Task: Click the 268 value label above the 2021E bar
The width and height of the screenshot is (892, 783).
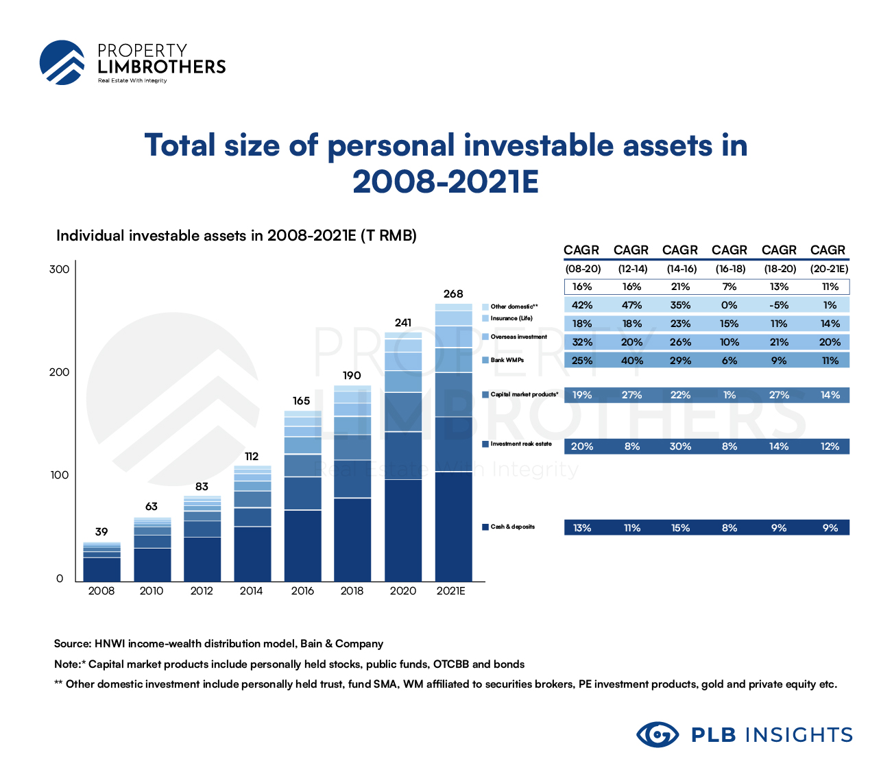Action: (x=453, y=294)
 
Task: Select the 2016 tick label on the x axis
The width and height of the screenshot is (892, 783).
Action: (x=302, y=591)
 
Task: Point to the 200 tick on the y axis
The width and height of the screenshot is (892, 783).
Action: (x=60, y=372)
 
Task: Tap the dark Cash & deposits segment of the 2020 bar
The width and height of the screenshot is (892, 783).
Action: (x=403, y=529)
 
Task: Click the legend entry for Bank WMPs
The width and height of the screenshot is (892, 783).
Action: (x=507, y=360)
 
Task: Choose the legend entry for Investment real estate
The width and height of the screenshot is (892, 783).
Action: (x=520, y=444)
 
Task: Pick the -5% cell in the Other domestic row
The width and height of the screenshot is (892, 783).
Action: (x=779, y=306)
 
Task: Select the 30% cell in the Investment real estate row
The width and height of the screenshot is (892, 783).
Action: (x=680, y=446)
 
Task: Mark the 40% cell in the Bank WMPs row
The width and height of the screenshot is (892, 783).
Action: (x=631, y=361)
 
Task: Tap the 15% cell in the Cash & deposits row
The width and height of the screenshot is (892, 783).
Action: (x=680, y=528)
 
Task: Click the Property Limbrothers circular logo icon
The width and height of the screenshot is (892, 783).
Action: (x=62, y=62)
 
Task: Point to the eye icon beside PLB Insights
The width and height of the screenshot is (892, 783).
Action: (x=658, y=735)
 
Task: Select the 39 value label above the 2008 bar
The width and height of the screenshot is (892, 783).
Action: (x=101, y=532)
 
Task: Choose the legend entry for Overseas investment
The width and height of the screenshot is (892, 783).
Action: (x=518, y=337)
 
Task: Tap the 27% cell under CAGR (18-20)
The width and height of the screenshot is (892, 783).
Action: (x=779, y=396)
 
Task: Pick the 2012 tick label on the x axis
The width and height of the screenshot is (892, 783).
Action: (x=202, y=591)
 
